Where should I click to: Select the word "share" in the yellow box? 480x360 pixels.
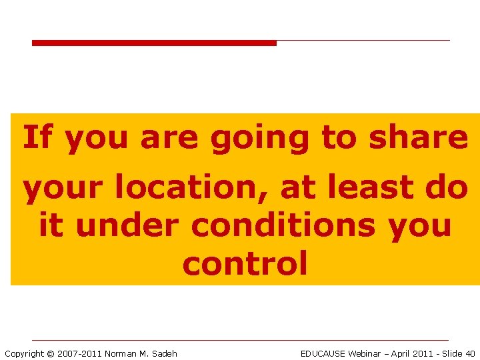coord(419,137)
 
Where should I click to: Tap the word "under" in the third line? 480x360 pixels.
coord(127,226)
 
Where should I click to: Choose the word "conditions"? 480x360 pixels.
coord(283,226)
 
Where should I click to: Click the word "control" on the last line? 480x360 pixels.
coord(245,263)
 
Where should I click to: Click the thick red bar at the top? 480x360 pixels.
coord(154,43)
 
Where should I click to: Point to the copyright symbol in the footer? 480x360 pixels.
coord(50,353)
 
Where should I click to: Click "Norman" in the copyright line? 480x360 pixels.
coord(120,353)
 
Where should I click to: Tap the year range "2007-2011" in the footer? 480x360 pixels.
coord(79,353)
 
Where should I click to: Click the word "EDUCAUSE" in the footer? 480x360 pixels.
coord(323,353)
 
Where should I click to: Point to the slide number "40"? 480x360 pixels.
coord(470,353)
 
